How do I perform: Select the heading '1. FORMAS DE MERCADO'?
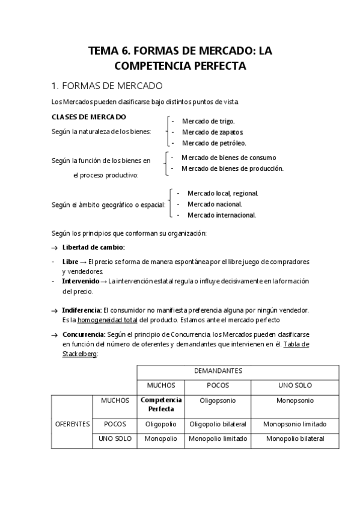click(x=107, y=85)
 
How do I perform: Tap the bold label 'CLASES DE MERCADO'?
click(x=88, y=117)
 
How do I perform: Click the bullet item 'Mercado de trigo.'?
click(x=208, y=121)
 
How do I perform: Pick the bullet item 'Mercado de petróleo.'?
click(x=214, y=143)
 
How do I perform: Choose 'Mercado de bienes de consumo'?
click(x=228, y=158)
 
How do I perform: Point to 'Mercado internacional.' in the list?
click(x=222, y=215)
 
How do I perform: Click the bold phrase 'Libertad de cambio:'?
click(x=93, y=247)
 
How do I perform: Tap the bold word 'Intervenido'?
click(x=81, y=281)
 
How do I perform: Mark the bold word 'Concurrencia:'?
click(x=84, y=334)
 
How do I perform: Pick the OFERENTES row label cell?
click(x=72, y=423)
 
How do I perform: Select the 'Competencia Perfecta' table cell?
click(x=161, y=404)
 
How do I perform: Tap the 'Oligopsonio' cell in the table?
click(x=218, y=400)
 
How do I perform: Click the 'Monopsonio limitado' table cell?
click(x=294, y=423)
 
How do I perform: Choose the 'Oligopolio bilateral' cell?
click(x=218, y=423)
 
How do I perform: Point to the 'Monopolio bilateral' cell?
click(x=294, y=438)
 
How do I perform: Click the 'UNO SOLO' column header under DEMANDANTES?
click(x=294, y=386)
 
